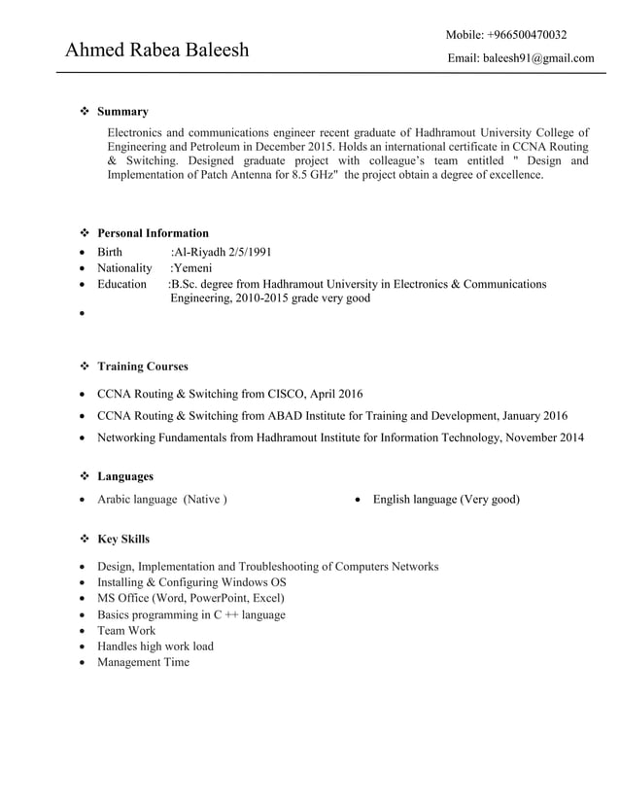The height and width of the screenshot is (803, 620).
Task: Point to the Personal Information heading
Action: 153,233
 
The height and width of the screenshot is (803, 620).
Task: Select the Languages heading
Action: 125,476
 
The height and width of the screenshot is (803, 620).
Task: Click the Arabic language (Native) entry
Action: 162,500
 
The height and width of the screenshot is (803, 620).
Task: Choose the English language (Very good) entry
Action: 446,500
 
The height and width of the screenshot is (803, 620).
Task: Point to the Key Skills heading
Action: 123,539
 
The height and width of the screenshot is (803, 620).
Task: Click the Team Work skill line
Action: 126,630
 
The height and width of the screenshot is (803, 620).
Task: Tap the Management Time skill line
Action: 143,662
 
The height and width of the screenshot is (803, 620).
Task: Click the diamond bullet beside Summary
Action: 84,112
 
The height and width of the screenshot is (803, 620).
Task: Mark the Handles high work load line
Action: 155,646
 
